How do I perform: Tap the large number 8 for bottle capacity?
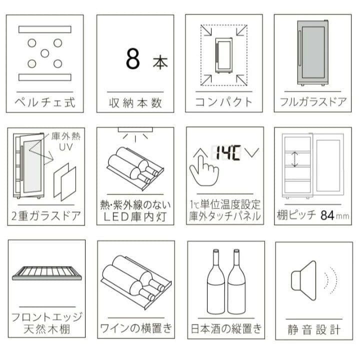coord(133,59)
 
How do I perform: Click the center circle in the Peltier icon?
coord(45,53)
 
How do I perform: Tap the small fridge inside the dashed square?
coord(223,55)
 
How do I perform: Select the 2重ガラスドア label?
coord(45,216)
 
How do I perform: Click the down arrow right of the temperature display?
coord(253,152)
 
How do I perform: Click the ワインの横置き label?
coord(135,328)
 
